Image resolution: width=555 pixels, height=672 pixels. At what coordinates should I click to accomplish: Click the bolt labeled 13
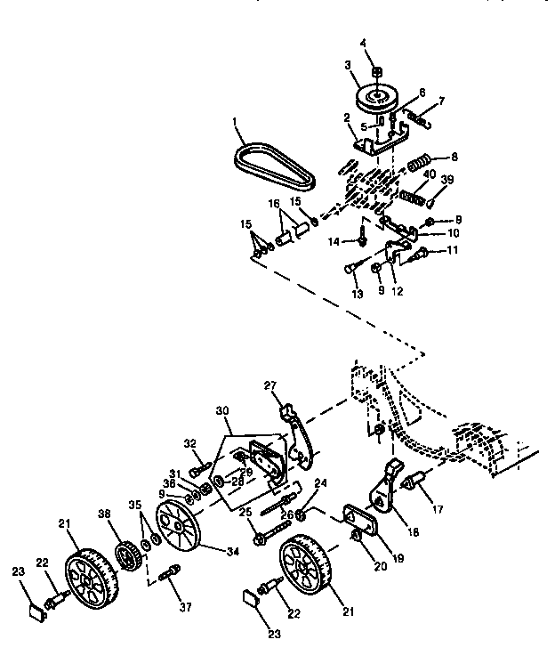(350, 265)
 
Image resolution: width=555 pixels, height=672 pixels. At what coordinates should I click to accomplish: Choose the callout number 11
(453, 252)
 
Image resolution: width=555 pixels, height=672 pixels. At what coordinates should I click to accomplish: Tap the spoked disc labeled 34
(177, 527)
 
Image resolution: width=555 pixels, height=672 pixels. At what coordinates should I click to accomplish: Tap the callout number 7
(442, 102)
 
